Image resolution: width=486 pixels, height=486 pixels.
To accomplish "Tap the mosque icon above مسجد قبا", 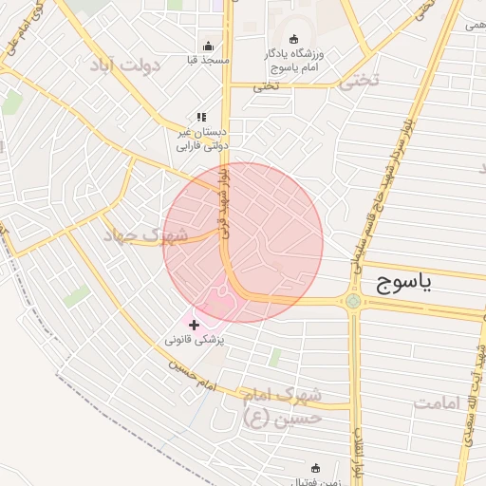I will pyautogui.click(x=209, y=45).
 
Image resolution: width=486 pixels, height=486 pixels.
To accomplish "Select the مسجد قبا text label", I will pyautogui.click(x=210, y=60).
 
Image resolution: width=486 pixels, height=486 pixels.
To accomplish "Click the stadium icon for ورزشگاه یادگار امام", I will pyautogui.click(x=293, y=39).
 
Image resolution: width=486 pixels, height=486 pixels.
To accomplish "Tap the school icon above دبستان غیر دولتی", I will pyautogui.click(x=200, y=118).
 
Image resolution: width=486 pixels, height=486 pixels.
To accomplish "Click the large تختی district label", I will pyautogui.click(x=358, y=82).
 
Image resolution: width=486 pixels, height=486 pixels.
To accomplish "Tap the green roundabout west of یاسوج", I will pyautogui.click(x=353, y=302).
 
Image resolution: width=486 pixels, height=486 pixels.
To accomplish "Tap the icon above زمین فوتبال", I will pyautogui.click(x=316, y=467).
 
